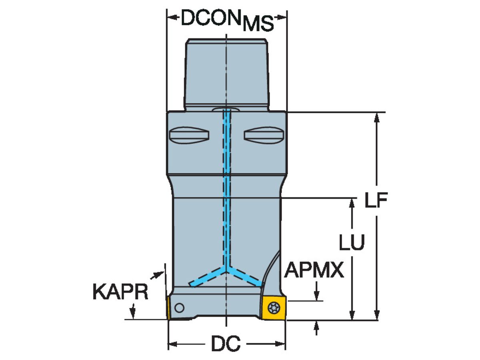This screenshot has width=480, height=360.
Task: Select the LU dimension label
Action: [352, 242]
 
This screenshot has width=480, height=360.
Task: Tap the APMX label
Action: [314, 271]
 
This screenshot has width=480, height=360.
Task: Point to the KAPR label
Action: [120, 292]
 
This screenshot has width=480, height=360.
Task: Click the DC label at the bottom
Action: [226, 344]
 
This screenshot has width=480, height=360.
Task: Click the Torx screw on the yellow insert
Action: [274, 308]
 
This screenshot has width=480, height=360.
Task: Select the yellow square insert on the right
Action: [274, 308]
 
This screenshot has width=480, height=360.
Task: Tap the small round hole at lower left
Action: [180, 308]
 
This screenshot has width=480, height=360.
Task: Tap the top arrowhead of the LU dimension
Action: [352, 202]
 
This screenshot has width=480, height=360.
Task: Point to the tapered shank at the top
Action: [226, 72]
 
